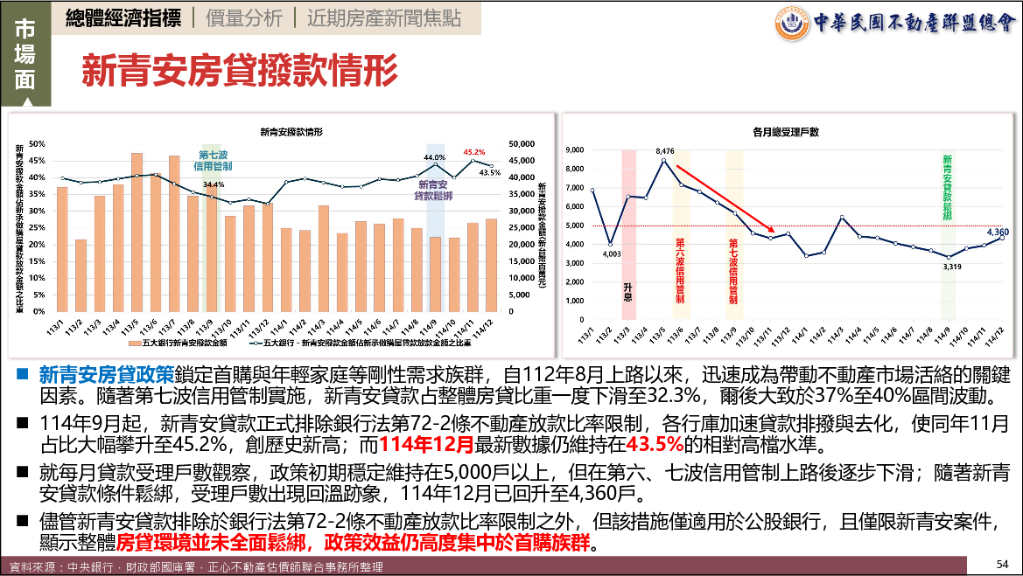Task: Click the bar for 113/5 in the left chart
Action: coord(137,232)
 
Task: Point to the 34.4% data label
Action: coord(214,184)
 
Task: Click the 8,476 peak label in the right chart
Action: coord(665,151)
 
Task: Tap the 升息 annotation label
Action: coord(627,290)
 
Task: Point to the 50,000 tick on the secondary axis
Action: coord(522,143)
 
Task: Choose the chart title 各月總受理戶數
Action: coord(785,132)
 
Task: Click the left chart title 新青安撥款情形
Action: coord(291,132)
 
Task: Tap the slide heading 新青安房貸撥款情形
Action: coord(239,69)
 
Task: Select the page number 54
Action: coord(1003,562)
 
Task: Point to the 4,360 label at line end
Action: coord(998,232)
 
